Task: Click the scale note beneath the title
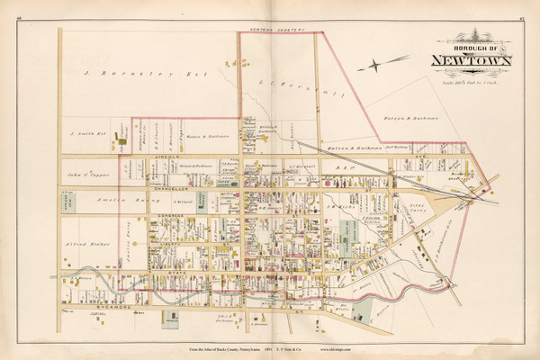pos(473,77)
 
